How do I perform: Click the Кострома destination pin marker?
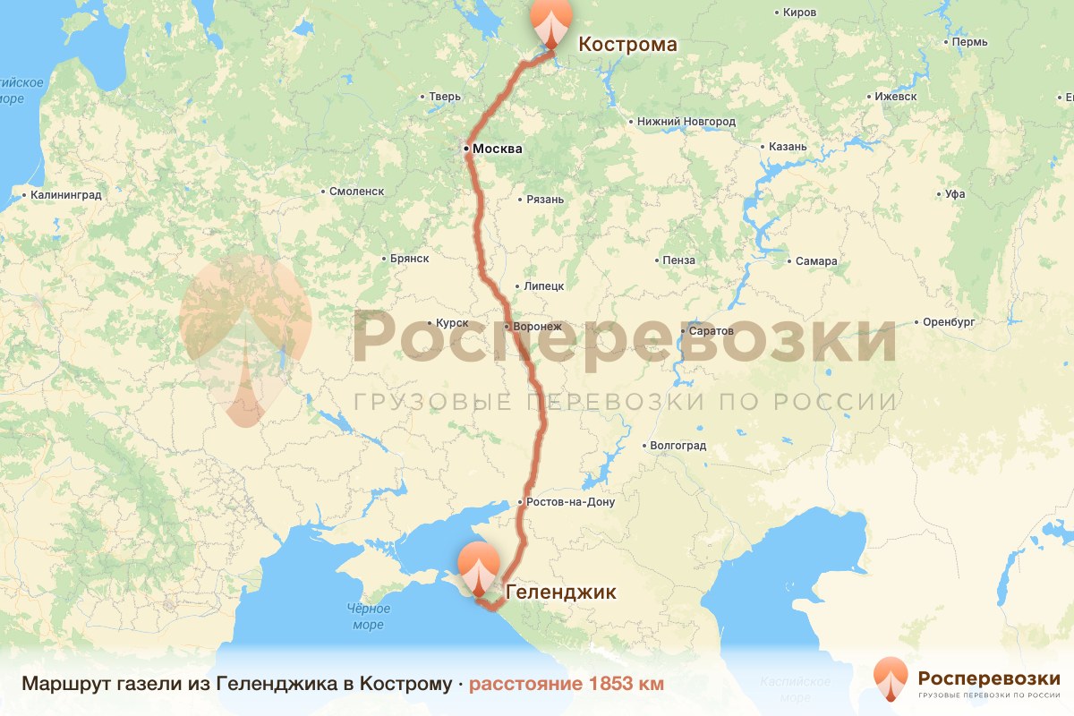pos(550,21)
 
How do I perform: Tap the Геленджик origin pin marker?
pos(479,567)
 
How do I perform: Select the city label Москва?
pos(497,149)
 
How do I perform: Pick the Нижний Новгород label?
pos(686,122)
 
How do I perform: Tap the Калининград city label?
pos(65,194)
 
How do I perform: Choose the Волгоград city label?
pos(678,446)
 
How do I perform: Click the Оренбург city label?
pos(949,322)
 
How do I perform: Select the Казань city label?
pos(788,147)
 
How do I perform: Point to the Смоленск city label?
pos(356,192)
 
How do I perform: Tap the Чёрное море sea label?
pos(368,617)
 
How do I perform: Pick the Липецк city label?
pos(543,286)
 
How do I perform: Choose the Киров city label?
pos(799,13)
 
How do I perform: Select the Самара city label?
pos(816,261)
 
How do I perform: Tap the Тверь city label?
pos(445,97)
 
